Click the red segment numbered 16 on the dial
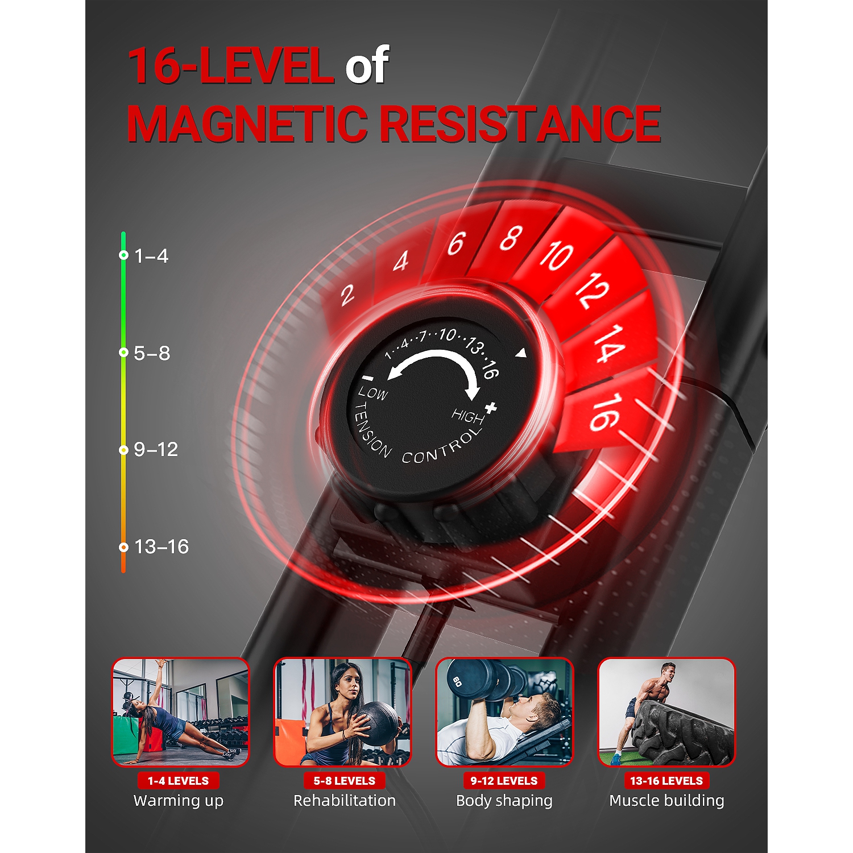[604, 412]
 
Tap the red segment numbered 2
[347, 295]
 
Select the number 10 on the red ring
[556, 255]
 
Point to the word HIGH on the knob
[467, 416]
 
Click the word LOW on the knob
[373, 393]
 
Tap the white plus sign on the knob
[491, 407]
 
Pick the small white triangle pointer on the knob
[521, 354]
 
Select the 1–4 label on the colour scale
[151, 256]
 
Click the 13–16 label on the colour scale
[162, 547]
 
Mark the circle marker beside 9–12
[123, 450]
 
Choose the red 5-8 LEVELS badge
[344, 781]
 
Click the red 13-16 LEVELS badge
[666, 781]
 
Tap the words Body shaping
[504, 801]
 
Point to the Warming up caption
[179, 801]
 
